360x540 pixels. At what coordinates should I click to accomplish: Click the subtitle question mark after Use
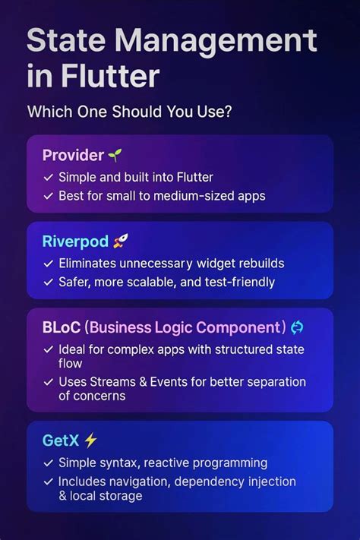click(228, 112)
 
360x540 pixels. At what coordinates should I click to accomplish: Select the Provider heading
click(73, 155)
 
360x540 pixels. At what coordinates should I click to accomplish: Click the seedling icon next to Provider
click(115, 155)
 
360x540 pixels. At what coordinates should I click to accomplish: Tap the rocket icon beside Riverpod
click(121, 242)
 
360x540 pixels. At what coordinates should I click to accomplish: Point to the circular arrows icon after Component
click(297, 327)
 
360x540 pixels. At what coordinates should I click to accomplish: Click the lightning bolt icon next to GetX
click(91, 440)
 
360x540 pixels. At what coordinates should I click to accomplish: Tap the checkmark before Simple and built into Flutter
click(48, 177)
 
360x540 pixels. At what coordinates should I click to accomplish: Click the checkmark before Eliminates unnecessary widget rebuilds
click(48, 264)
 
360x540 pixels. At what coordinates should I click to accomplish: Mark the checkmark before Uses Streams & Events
click(48, 381)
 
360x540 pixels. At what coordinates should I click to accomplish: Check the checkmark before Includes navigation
click(48, 482)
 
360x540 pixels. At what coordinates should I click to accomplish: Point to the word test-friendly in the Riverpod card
click(240, 283)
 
